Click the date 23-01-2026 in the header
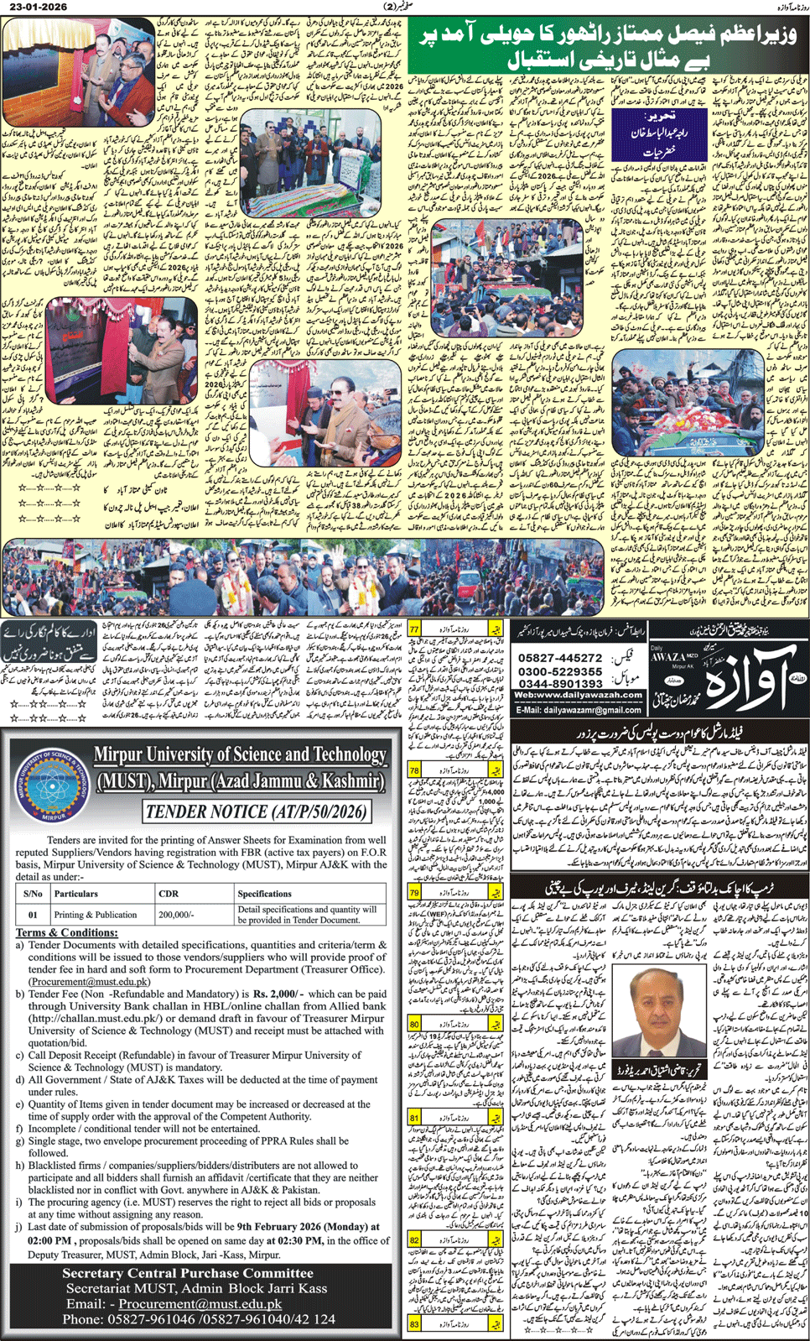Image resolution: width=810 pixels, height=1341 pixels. [x=30, y=6]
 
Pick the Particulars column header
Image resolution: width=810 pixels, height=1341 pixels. [x=76, y=894]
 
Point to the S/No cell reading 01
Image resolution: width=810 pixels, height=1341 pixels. [x=33, y=915]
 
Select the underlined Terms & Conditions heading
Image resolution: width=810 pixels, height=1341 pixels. [x=67, y=932]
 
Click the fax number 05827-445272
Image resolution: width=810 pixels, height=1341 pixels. [x=560, y=659]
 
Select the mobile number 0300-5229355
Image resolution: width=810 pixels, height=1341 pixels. [x=560, y=671]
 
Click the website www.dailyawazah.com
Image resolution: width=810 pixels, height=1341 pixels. [x=579, y=696]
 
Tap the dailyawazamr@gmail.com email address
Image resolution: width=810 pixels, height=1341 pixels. [x=579, y=710]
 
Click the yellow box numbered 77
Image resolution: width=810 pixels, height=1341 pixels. [x=414, y=628]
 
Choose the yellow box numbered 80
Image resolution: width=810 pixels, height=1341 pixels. [x=414, y=1024]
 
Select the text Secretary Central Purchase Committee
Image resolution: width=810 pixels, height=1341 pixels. [x=188, y=1273]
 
